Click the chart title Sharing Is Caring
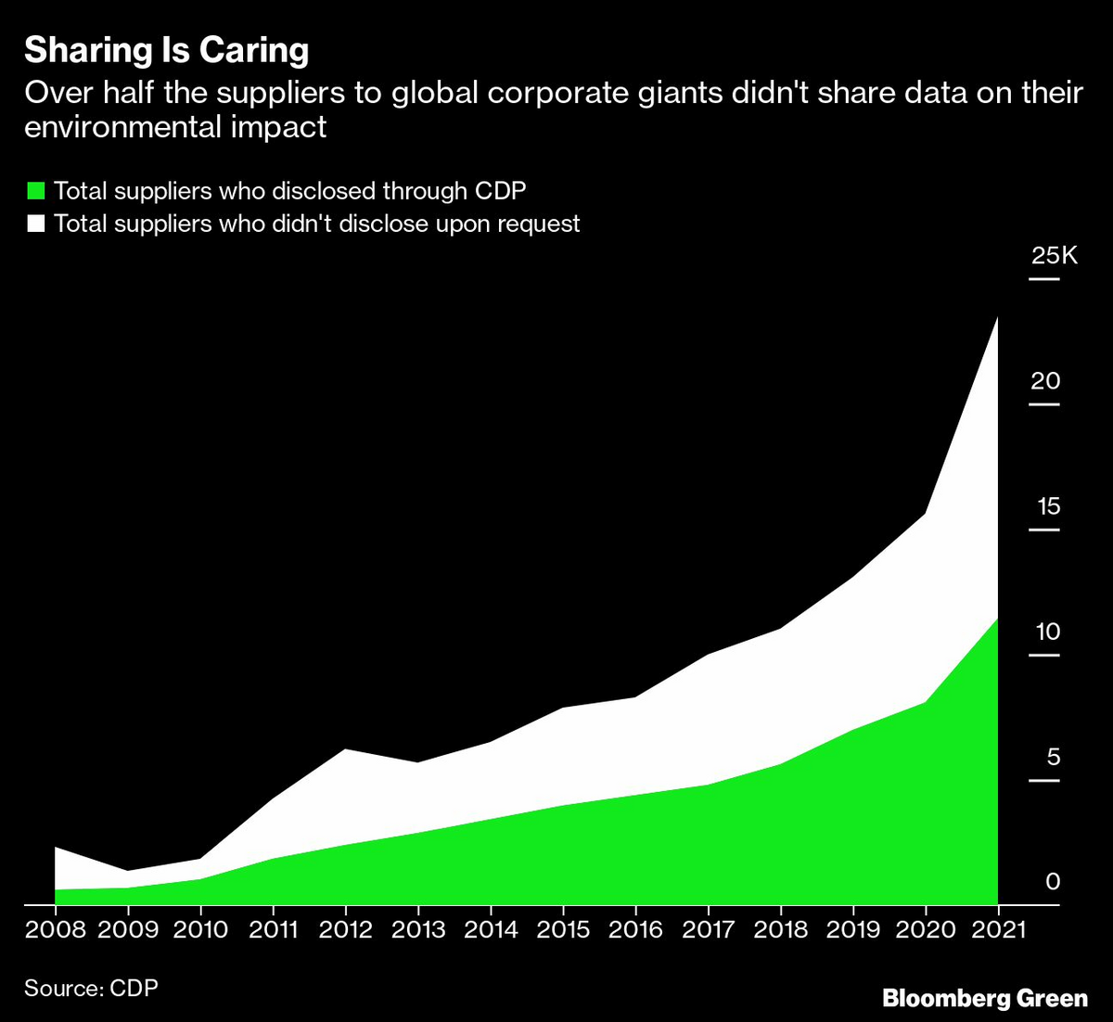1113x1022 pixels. point(167,50)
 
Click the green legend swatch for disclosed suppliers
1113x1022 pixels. point(36,192)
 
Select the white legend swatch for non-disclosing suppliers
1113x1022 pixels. point(36,224)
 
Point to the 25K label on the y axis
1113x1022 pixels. point(1055,256)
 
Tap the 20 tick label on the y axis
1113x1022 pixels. point(1045,381)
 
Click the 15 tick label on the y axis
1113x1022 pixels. point(1048,506)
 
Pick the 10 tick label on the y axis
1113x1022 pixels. point(1047,632)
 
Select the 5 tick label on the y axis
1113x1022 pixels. point(1053,757)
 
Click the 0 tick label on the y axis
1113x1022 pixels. point(1053,882)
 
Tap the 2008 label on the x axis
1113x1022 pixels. point(56,930)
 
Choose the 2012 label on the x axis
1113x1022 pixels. point(346,930)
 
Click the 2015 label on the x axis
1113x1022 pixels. point(563,930)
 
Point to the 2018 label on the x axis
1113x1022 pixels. point(781,930)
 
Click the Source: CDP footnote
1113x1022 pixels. point(91,989)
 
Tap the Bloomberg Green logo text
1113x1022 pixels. point(985,999)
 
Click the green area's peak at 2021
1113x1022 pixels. point(997,619)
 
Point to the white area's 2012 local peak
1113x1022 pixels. point(346,749)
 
